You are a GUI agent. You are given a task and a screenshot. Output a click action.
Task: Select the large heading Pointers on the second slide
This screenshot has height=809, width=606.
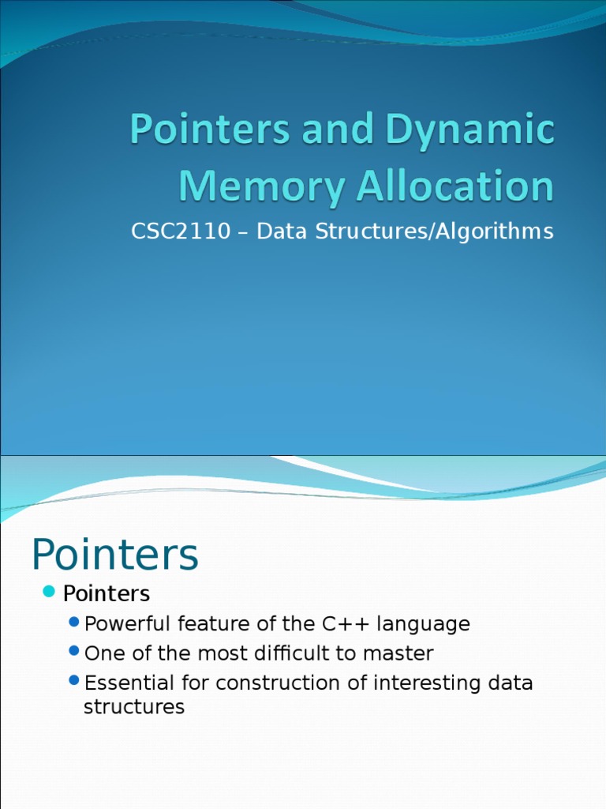pyautogui.click(x=115, y=555)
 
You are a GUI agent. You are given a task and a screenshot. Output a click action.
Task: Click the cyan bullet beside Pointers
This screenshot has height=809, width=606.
pyautogui.click(x=49, y=592)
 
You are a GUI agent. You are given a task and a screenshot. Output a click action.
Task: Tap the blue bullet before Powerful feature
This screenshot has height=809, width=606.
pyautogui.click(x=75, y=623)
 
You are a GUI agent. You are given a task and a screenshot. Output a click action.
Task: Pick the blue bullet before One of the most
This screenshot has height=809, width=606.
pyautogui.click(x=75, y=652)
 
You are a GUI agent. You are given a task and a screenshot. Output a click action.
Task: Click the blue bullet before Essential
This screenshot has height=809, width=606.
pyautogui.click(x=75, y=681)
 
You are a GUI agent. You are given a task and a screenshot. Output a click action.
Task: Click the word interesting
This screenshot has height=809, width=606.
pyautogui.click(x=426, y=683)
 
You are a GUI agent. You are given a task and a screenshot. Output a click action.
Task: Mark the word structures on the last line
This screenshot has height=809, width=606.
pyautogui.click(x=134, y=706)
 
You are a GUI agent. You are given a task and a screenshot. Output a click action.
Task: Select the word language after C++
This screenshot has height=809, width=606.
pyautogui.click(x=423, y=625)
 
